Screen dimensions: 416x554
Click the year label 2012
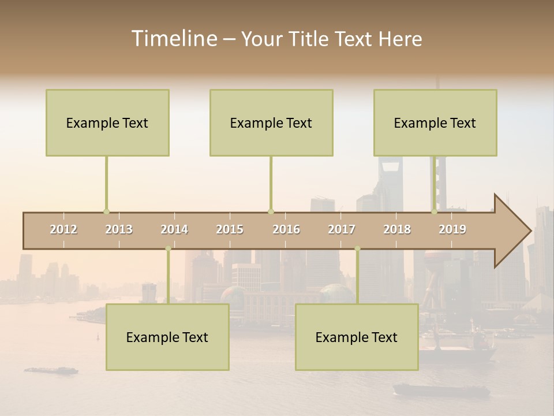click(63, 229)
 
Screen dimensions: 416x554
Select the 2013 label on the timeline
click(119, 229)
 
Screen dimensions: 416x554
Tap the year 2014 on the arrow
click(174, 229)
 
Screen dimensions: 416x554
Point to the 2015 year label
click(230, 229)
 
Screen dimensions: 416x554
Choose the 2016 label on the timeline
click(286, 229)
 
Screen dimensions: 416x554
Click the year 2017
click(342, 229)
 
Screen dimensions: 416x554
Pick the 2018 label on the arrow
click(397, 229)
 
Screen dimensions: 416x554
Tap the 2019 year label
click(452, 229)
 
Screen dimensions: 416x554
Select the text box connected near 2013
click(107, 122)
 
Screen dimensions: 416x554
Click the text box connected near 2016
click(271, 122)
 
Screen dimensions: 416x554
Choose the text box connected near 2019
click(435, 122)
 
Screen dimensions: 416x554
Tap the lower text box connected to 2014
click(167, 337)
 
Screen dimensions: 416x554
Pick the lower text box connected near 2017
click(357, 337)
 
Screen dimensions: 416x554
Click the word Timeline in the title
click(174, 39)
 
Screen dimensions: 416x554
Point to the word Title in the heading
click(310, 39)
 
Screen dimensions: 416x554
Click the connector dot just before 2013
click(106, 211)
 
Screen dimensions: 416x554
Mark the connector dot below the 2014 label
click(168, 249)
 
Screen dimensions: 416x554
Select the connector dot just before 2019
click(435, 211)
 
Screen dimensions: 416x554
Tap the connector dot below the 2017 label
click(357, 249)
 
